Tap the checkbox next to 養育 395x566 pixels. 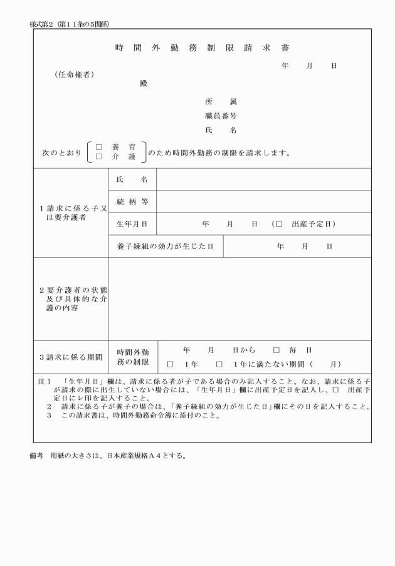[x=98, y=146]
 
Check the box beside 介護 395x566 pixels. [x=98, y=157]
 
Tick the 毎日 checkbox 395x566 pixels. [x=276, y=350]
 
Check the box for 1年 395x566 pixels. [x=170, y=364]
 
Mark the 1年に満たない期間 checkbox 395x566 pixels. [x=219, y=364]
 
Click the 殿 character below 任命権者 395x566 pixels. [x=144, y=83]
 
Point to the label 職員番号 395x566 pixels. [x=221, y=116]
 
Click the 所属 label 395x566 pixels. [x=221, y=101]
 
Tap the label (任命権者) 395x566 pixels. [x=75, y=75]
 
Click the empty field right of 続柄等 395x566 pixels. [x=263, y=201]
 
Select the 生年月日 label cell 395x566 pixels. [x=132, y=224]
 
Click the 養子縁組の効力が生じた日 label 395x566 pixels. [x=166, y=246]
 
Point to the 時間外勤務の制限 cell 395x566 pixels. [x=132, y=357]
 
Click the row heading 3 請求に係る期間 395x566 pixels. [x=70, y=357]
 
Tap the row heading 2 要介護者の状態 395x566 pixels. [x=70, y=299]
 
